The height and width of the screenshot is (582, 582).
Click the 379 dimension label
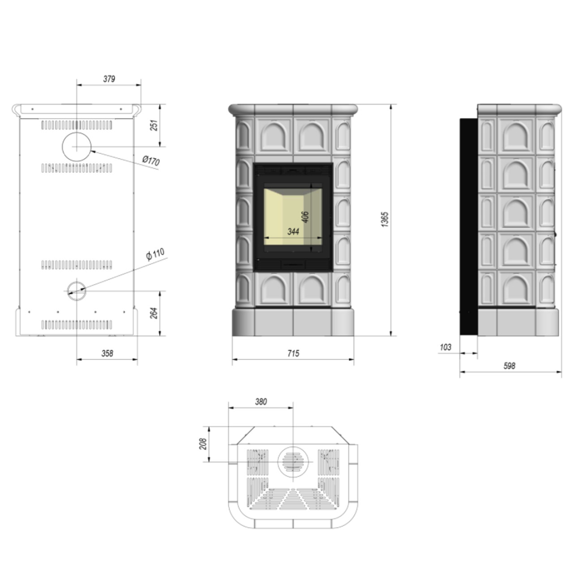(x=109, y=79)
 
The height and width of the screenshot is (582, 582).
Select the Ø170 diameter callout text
(x=150, y=161)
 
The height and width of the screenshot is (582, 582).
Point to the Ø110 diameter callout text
(x=155, y=255)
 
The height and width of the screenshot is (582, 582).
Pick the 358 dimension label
(x=107, y=353)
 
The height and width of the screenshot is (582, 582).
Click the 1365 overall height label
(x=385, y=219)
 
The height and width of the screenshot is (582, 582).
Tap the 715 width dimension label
(x=293, y=354)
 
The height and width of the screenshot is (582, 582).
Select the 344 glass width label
(x=293, y=231)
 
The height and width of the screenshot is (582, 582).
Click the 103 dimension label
(x=445, y=347)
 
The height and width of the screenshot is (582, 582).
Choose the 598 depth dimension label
(x=509, y=366)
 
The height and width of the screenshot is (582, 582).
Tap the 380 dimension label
(x=261, y=402)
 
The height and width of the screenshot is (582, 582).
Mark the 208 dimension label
(x=203, y=444)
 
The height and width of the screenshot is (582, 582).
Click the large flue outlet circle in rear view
(x=77, y=146)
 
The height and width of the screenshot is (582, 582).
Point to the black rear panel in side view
(x=469, y=226)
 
